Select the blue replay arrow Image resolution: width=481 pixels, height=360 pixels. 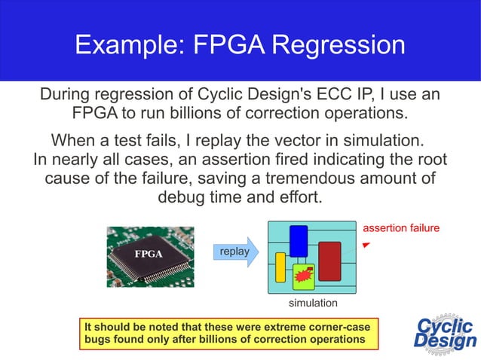236,252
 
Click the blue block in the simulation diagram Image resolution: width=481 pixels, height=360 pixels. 299,240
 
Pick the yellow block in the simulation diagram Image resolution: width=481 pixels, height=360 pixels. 280,267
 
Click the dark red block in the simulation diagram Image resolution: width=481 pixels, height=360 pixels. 329,261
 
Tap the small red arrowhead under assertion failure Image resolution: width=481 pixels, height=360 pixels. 366,246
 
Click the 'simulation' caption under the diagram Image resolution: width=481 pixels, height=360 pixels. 313,303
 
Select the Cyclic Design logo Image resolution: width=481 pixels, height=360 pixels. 445,332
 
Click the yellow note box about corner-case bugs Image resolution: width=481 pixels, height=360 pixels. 228,333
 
